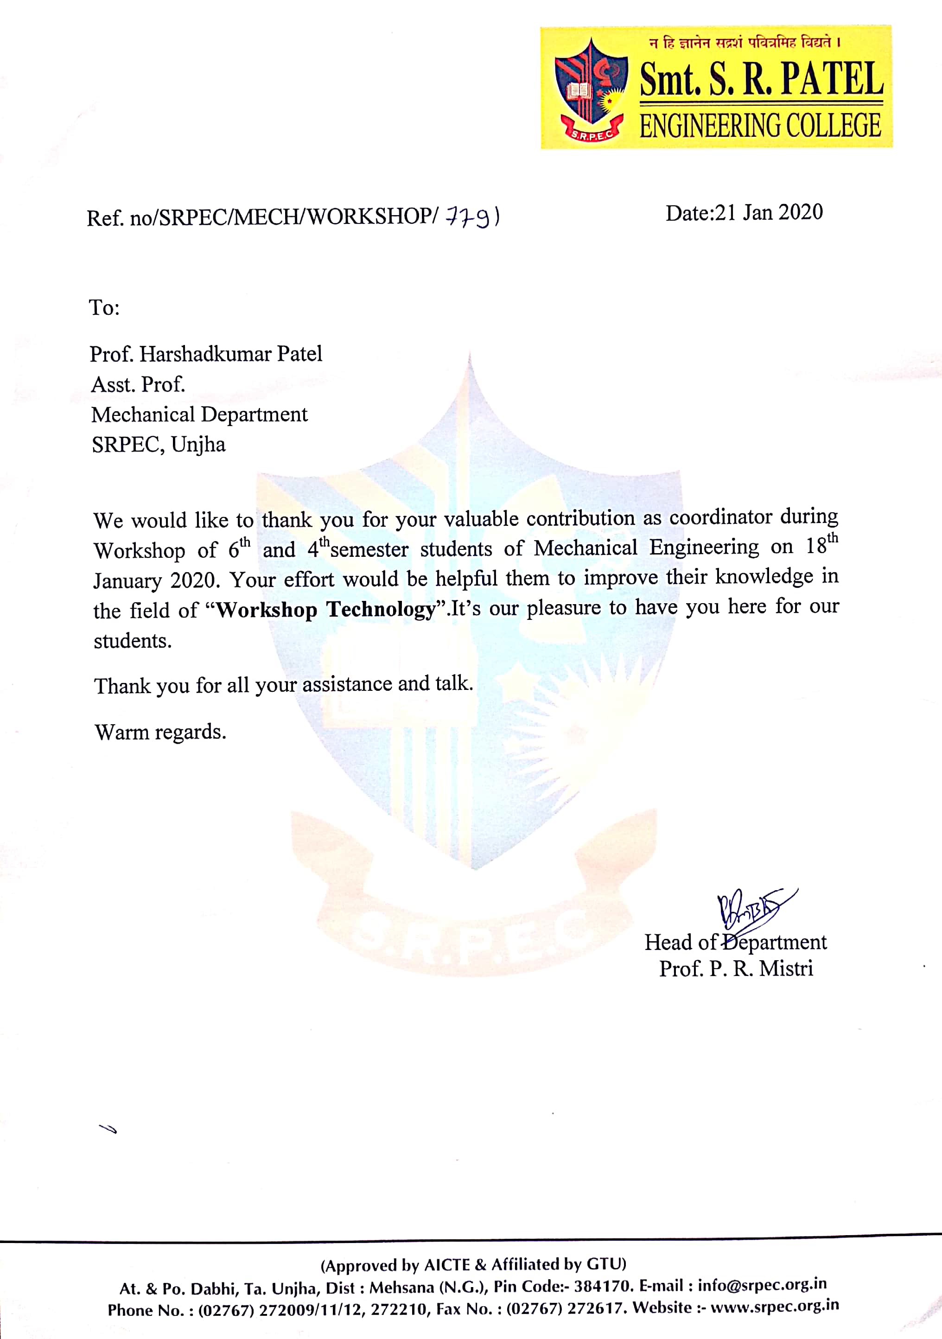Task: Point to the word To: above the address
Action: (x=104, y=307)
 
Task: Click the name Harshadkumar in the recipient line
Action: (x=205, y=354)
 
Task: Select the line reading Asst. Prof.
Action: (x=138, y=384)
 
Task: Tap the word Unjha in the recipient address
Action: (x=198, y=444)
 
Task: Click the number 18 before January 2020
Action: (x=816, y=547)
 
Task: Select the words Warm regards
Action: (x=160, y=732)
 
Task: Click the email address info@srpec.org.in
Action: (x=762, y=1285)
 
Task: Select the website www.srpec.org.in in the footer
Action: (x=775, y=1307)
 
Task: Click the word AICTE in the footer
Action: (x=447, y=1264)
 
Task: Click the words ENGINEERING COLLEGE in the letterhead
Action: (x=760, y=126)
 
